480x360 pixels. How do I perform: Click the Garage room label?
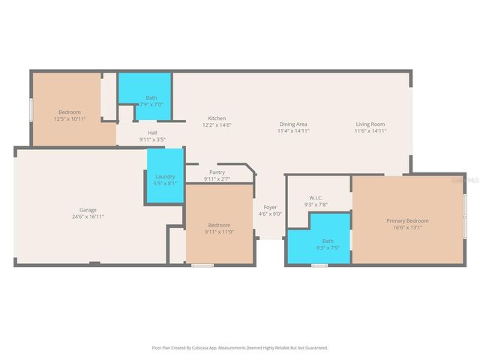click(88, 210)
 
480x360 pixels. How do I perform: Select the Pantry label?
click(217, 172)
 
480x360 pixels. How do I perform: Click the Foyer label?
click(269, 207)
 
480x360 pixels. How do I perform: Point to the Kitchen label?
click(217, 118)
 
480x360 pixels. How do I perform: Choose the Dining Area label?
click(293, 124)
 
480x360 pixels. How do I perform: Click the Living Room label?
click(370, 124)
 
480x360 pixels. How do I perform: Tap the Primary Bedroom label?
click(407, 220)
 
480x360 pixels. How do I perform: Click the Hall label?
click(152, 133)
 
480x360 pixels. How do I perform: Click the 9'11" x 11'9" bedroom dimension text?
click(219, 232)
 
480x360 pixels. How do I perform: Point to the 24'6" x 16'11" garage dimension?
click(88, 217)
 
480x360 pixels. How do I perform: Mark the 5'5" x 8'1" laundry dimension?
click(164, 183)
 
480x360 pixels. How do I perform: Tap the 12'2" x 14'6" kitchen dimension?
click(217, 125)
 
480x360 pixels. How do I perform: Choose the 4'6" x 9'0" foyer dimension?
click(269, 214)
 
